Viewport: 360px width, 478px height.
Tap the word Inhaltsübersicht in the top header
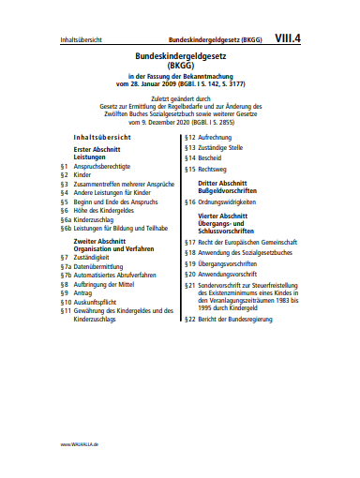[x=81, y=42]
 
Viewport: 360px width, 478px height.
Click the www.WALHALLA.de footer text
[x=80, y=443]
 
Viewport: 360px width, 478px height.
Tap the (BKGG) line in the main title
[x=179, y=67]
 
